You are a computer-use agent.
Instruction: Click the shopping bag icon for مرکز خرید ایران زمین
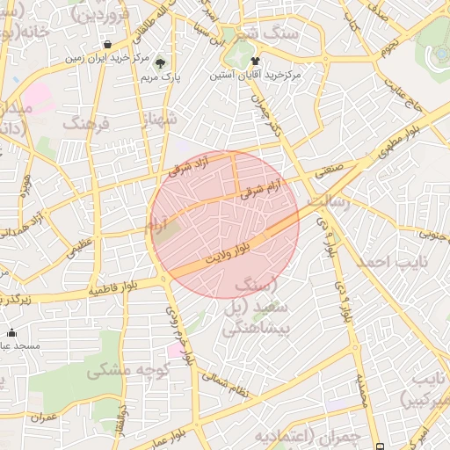[107, 45]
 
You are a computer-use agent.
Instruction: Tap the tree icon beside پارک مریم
[160, 63]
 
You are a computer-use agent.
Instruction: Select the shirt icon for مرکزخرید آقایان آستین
[256, 62]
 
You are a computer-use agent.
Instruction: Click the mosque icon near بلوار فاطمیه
[11, 332]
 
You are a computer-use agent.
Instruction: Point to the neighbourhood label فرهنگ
[85, 123]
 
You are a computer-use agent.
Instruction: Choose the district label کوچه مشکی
[122, 371]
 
